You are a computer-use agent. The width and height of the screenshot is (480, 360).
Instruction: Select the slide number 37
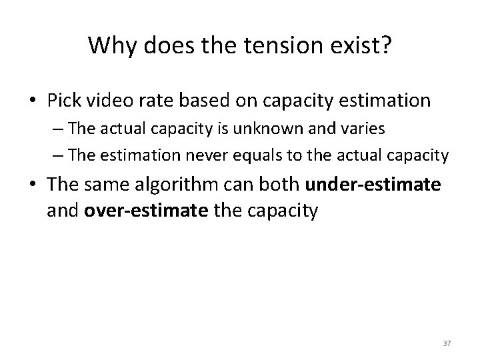click(447, 342)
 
